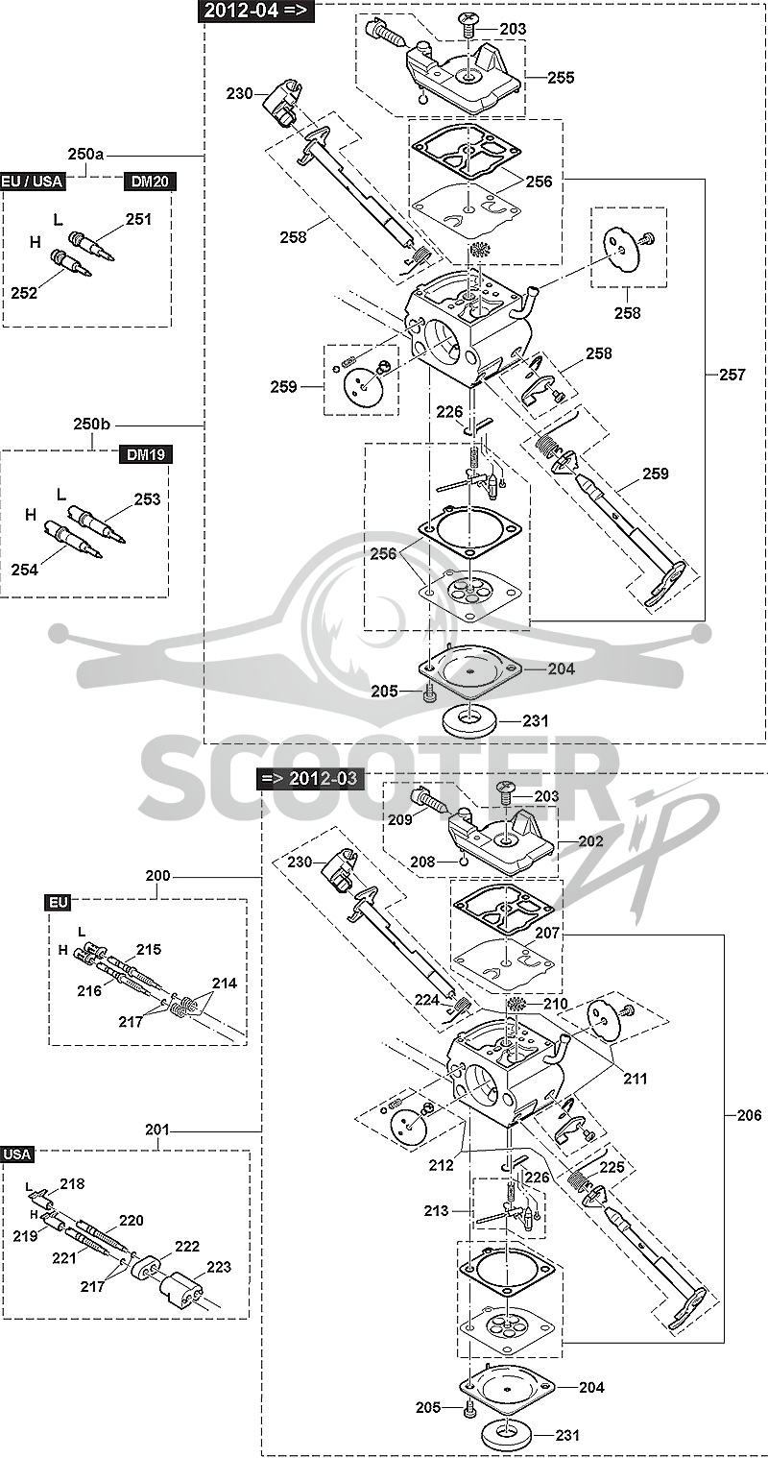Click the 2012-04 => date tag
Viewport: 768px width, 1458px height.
(255, 11)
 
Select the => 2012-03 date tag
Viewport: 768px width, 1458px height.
(308, 779)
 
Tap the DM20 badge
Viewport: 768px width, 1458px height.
(150, 181)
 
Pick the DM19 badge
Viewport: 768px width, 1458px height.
(146, 454)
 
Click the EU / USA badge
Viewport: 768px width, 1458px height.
(32, 181)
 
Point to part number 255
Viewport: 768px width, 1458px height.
(561, 78)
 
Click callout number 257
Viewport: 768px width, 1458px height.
(732, 375)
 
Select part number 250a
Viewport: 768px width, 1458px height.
(85, 155)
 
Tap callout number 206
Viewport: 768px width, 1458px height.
(749, 1115)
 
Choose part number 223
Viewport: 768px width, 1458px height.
(219, 1267)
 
